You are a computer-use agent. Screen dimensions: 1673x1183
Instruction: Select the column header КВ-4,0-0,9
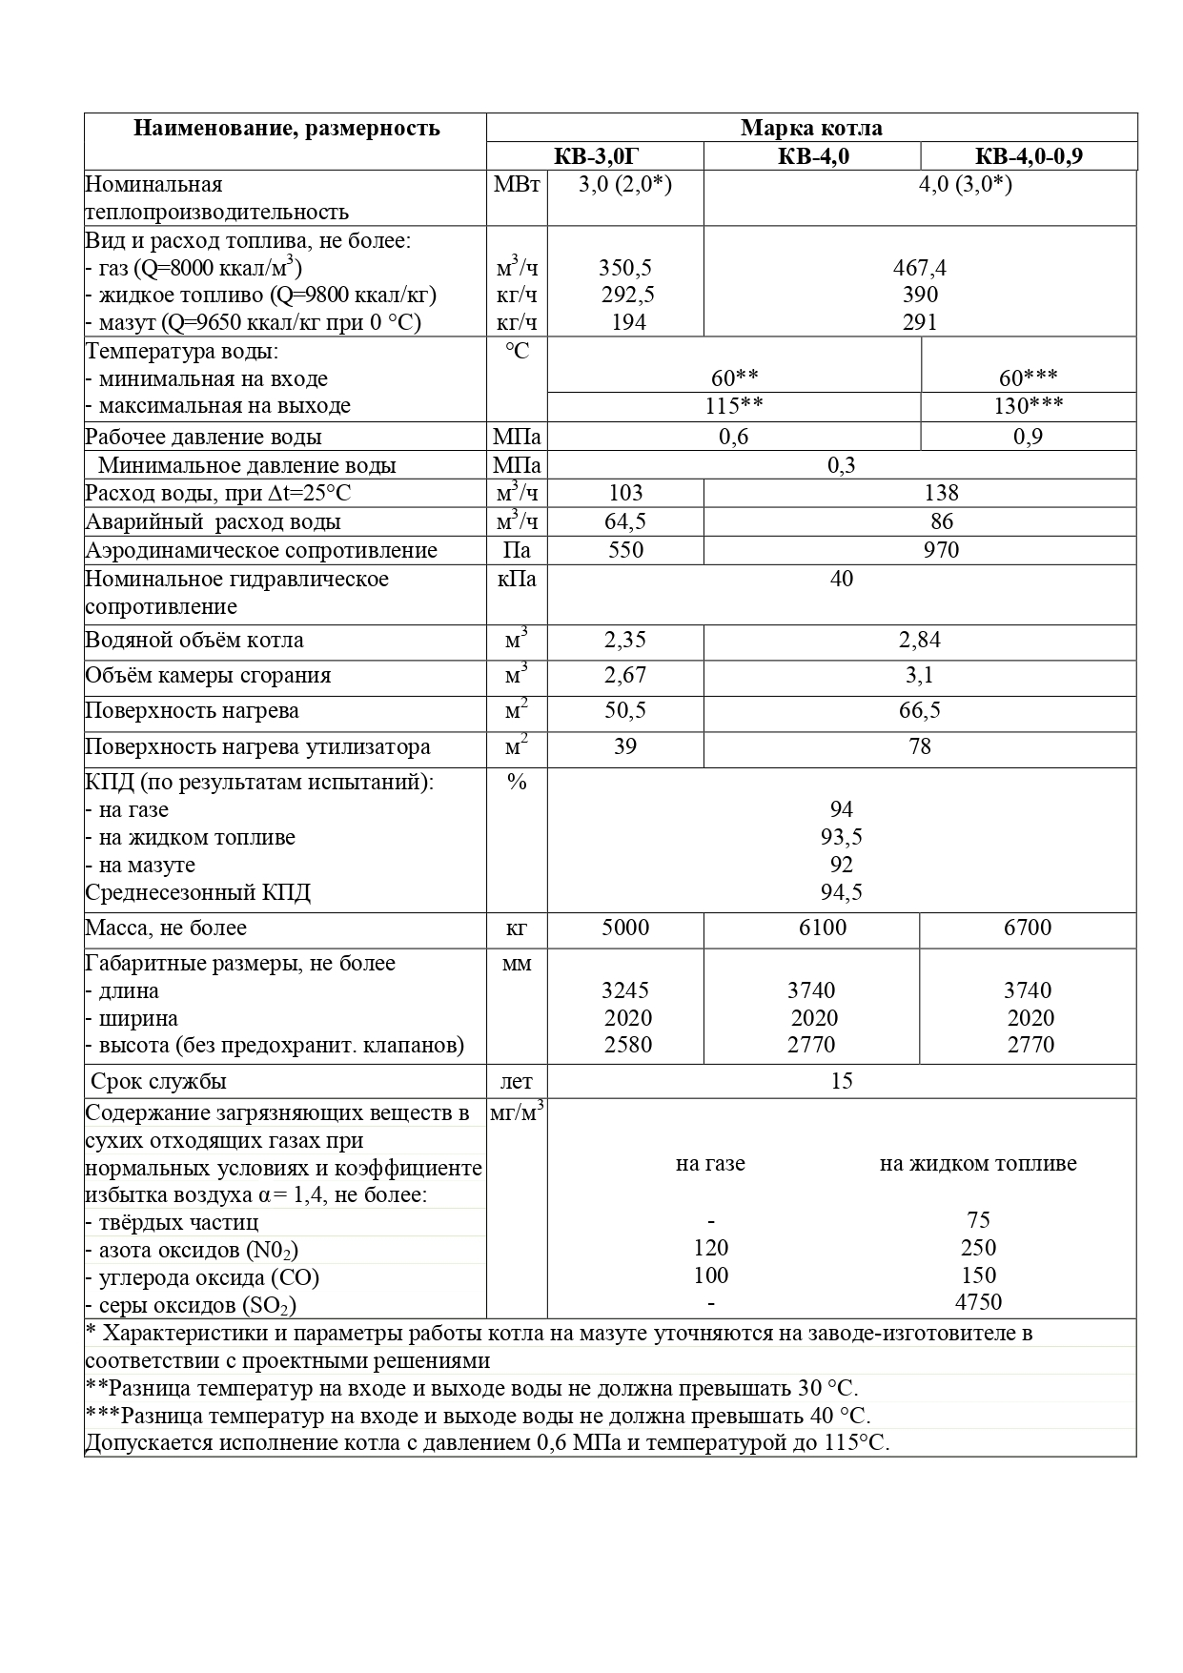pyautogui.click(x=1029, y=156)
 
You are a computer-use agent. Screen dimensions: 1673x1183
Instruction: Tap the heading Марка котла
pyautogui.click(x=811, y=128)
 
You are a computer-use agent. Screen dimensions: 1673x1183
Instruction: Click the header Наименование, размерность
pyautogui.click(x=286, y=128)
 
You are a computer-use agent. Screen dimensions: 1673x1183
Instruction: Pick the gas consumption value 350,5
pyautogui.click(x=625, y=268)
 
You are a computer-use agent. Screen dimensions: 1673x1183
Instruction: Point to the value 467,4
pyautogui.click(x=919, y=268)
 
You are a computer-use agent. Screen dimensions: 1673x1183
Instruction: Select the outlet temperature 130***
pyautogui.click(x=1029, y=406)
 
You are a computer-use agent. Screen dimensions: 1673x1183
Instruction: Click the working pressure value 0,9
pyautogui.click(x=1028, y=437)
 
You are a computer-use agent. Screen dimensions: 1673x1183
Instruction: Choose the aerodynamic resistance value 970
pyautogui.click(x=941, y=550)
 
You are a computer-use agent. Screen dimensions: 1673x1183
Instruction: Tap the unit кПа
pyautogui.click(x=517, y=580)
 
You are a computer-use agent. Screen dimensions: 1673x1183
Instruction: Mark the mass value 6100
pyautogui.click(x=822, y=928)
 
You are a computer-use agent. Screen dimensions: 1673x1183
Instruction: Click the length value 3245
pyautogui.click(x=625, y=990)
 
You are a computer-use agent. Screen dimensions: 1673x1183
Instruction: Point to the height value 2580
pyautogui.click(x=627, y=1045)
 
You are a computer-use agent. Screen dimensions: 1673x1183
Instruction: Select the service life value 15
pyautogui.click(x=841, y=1081)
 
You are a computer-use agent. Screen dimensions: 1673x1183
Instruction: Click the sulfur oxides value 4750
pyautogui.click(x=977, y=1302)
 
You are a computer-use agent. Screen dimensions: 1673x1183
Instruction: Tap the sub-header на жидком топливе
pyautogui.click(x=977, y=1164)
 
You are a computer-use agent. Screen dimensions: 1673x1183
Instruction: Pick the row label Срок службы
pyautogui.click(x=158, y=1082)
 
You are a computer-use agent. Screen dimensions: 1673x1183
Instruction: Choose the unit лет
pyautogui.click(x=517, y=1082)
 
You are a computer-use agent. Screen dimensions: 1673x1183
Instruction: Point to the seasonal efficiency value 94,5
pyautogui.click(x=841, y=892)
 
